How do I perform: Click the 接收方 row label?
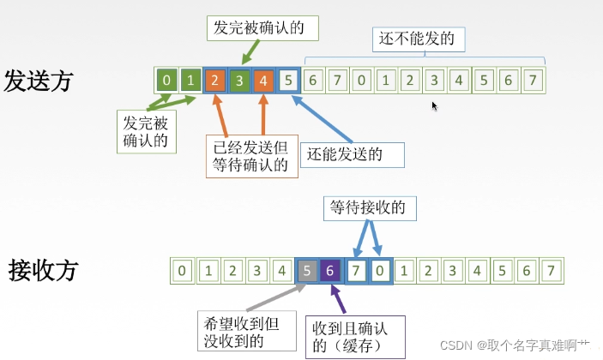(43, 270)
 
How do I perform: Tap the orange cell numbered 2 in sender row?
(215, 81)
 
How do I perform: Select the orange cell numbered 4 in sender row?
(265, 81)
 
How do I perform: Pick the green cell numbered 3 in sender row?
(240, 81)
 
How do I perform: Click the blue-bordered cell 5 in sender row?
(290, 81)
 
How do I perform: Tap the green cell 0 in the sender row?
(167, 81)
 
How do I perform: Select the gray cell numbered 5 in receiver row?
(306, 271)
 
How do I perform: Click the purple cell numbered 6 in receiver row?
(330, 271)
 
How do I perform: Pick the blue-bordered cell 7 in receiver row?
(355, 271)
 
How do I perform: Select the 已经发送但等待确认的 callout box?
(252, 154)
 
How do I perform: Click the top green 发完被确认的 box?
(262, 26)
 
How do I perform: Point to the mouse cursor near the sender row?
(435, 105)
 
